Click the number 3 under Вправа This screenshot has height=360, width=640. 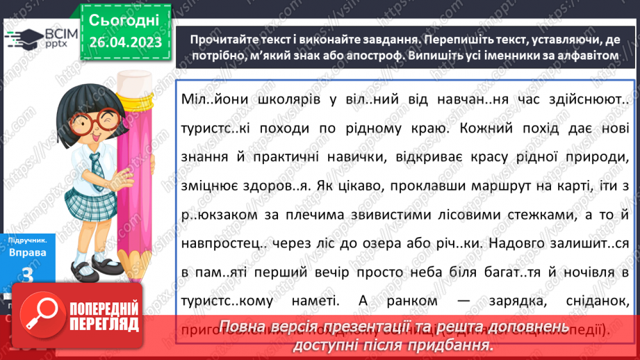(x=28, y=276)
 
